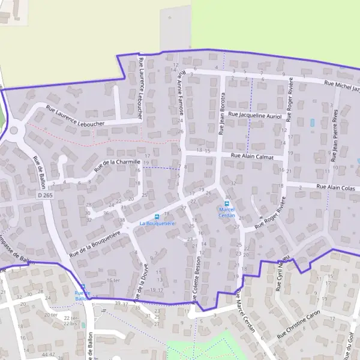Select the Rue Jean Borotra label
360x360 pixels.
(x=222, y=114)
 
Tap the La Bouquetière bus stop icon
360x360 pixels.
(x=157, y=217)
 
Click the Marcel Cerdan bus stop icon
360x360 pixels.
(x=227, y=203)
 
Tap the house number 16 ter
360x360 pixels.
(x=113, y=281)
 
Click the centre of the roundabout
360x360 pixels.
(x=13, y=130)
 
